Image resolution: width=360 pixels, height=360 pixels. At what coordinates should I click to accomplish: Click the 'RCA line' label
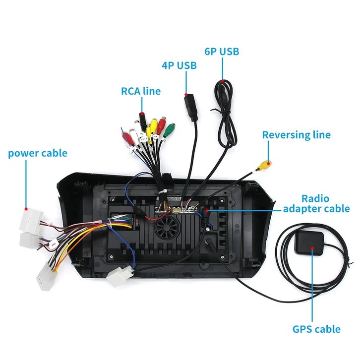[x=141, y=91]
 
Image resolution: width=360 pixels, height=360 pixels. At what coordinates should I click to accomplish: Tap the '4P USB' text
[x=179, y=65]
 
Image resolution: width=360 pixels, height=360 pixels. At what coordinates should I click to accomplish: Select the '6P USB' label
[x=222, y=51]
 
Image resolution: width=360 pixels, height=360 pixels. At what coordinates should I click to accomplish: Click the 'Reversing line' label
[x=296, y=135]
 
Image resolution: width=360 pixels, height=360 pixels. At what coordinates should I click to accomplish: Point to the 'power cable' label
[x=37, y=153]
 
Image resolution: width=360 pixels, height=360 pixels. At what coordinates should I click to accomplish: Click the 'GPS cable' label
[x=316, y=329]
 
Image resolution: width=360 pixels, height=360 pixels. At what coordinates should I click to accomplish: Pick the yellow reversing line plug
[x=263, y=166]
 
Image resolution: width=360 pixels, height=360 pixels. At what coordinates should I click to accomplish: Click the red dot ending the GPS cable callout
[x=312, y=248]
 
